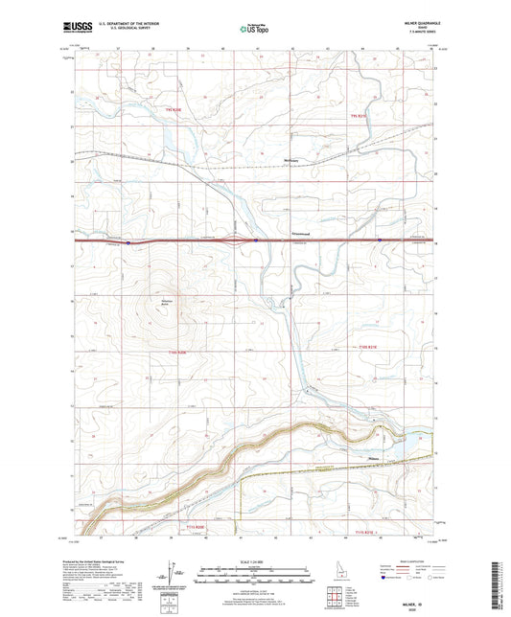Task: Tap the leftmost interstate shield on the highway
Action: (128, 242)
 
